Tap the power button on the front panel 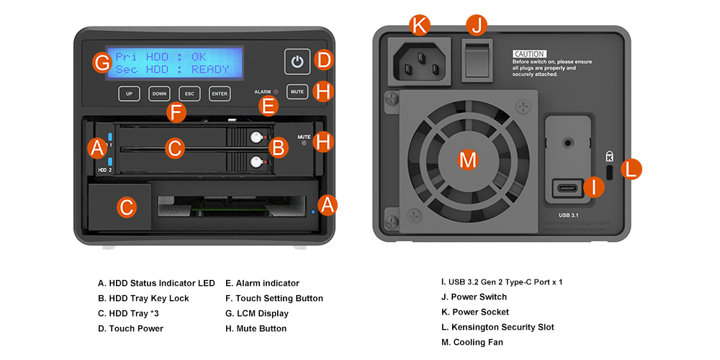tap(297, 62)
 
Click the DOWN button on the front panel tap(159, 94)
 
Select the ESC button tap(189, 94)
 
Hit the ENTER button tap(220, 94)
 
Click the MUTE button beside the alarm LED tap(297, 92)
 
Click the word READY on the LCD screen tap(210, 70)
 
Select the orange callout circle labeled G tap(102, 63)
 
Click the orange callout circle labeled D tap(325, 60)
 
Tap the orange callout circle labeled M tap(468, 160)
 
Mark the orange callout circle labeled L tap(631, 169)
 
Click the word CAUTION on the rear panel tap(529, 54)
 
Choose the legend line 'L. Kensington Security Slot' tap(498, 327)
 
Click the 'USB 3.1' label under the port tap(569, 215)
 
